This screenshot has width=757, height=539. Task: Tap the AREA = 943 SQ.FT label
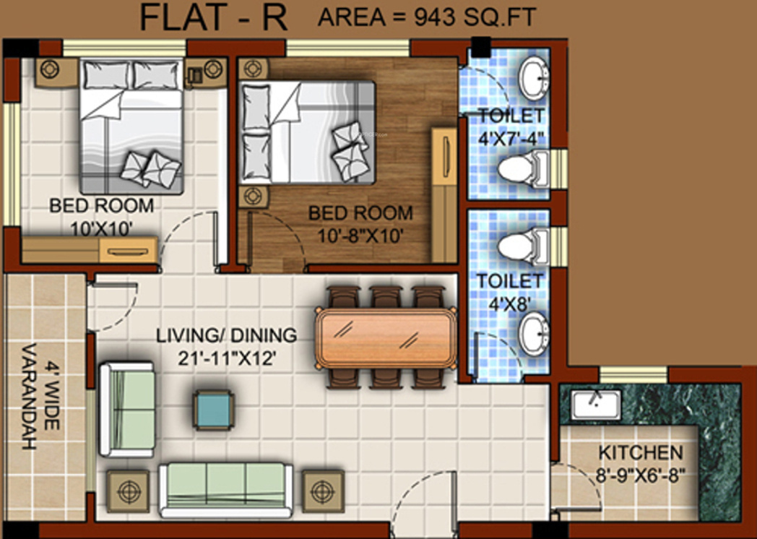428,17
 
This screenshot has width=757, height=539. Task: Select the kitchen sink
597,405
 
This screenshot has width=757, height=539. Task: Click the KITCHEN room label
641,454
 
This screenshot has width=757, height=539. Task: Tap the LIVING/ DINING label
227,335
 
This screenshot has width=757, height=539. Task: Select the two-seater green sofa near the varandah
126,410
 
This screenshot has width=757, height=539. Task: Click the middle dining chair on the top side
386,297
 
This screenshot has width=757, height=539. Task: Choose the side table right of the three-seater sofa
323,491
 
